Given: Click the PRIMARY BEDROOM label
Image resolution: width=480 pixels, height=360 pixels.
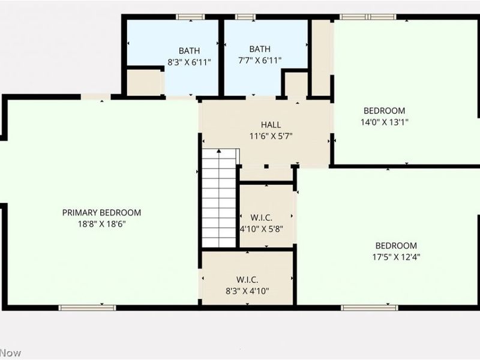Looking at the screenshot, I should tap(101, 212).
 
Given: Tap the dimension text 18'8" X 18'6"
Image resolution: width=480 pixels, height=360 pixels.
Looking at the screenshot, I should tap(101, 223).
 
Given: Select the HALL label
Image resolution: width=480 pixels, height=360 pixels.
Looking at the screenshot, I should tap(271, 125).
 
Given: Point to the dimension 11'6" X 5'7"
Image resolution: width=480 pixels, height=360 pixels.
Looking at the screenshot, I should tap(271, 136).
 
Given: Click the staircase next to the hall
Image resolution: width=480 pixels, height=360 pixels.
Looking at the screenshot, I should tap(219, 198).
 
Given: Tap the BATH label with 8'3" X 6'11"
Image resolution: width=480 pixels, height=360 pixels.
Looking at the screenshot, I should tap(189, 51).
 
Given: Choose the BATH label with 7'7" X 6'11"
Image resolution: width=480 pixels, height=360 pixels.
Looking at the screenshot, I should tap(260, 49).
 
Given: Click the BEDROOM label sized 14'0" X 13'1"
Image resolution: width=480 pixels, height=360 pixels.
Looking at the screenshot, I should tap(384, 110).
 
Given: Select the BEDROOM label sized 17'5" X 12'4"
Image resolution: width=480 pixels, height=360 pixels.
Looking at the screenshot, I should tap(395, 245).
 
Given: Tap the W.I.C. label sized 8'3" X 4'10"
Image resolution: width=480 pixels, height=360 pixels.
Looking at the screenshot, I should tap(248, 280).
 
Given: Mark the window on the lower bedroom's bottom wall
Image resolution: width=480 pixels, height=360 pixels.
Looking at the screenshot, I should tap(361, 308).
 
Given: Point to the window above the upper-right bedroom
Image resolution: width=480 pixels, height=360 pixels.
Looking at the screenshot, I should tap(368, 17).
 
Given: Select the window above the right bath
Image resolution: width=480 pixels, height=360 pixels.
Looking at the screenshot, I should tap(245, 17).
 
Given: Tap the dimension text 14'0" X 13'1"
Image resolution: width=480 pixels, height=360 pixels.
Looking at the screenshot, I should tap(384, 121).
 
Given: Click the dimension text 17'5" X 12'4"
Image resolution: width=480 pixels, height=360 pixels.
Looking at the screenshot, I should tap(395, 256).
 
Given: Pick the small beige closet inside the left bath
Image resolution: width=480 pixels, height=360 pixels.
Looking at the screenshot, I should tap(145, 82).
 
